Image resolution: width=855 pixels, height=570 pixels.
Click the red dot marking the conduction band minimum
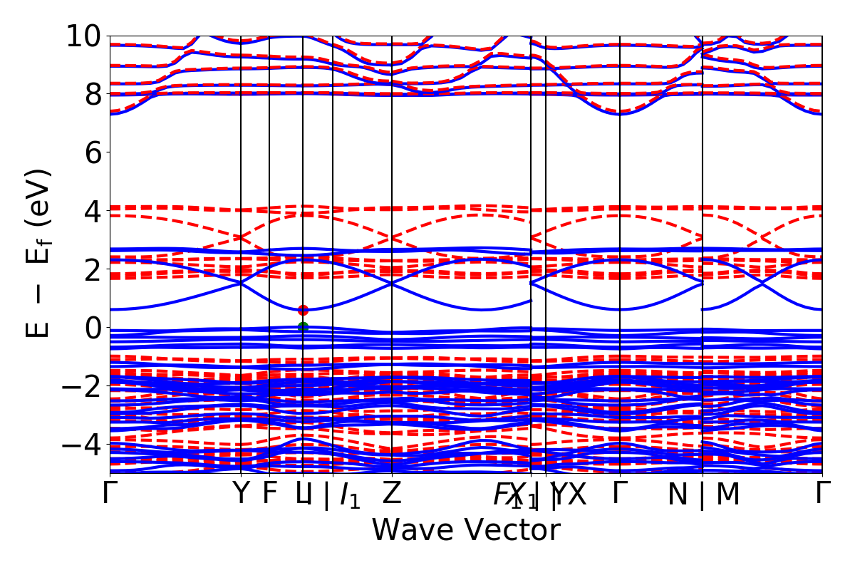coord(303,310)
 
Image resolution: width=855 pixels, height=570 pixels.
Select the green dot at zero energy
coord(303,327)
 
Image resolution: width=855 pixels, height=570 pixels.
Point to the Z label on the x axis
coord(392,494)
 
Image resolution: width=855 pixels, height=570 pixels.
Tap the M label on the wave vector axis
coord(727,494)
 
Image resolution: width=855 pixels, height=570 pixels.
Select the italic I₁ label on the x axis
coord(350,495)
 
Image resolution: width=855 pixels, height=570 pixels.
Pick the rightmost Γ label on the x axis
coord(823,493)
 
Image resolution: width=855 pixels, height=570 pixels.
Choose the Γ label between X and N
coord(620,493)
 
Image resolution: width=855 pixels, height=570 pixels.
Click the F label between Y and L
coord(269,493)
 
